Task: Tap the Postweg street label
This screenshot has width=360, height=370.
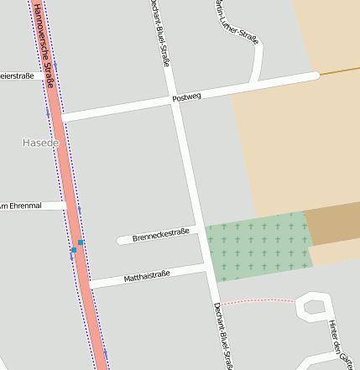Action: (186, 98)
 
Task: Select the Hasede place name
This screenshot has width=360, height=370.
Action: (40, 143)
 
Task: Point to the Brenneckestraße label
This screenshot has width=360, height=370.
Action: (160, 234)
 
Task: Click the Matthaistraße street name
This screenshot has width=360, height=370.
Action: (147, 275)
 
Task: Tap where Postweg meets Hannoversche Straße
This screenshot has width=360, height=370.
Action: (61, 117)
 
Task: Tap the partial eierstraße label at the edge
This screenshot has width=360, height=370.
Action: (17, 76)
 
